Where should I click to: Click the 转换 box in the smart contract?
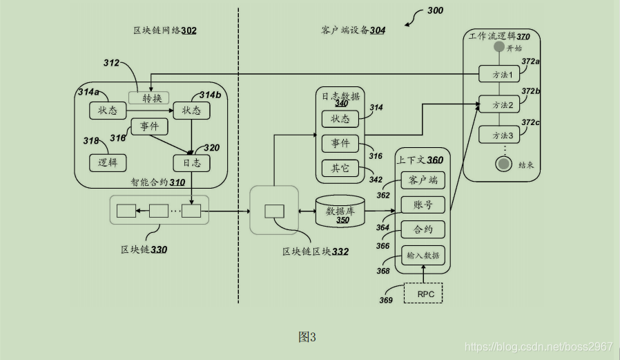coord(148,98)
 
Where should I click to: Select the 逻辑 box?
coord(108,162)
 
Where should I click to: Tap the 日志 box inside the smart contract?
coord(191,163)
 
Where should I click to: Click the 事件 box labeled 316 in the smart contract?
coord(150,126)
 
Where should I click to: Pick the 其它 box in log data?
coord(340,168)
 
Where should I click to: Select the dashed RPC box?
coord(423,293)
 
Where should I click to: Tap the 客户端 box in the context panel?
coord(423,180)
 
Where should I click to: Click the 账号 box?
coord(423,205)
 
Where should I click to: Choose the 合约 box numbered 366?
coord(423,229)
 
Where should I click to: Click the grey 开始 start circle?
coord(500,48)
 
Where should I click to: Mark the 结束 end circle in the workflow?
coord(504,164)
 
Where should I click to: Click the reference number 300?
coord(435,10)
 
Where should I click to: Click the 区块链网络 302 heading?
coord(165,30)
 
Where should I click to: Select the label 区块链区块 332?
coord(316,252)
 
